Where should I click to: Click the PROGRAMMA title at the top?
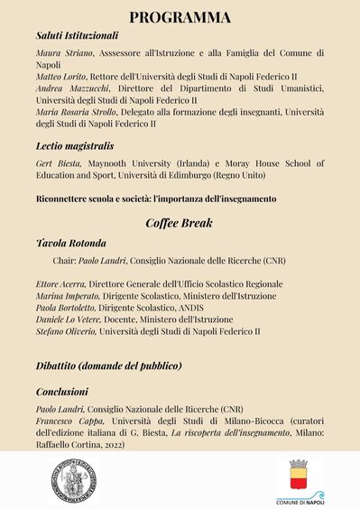coord(180,17)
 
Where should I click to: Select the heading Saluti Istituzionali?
coord(77,35)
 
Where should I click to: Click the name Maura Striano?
coord(61,54)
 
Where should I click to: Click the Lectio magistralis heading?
coord(75,144)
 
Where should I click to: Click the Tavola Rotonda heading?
coord(71,244)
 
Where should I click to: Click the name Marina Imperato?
coord(68,296)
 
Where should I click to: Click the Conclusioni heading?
coord(62,393)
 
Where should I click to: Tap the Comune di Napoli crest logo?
coord(300,476)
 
